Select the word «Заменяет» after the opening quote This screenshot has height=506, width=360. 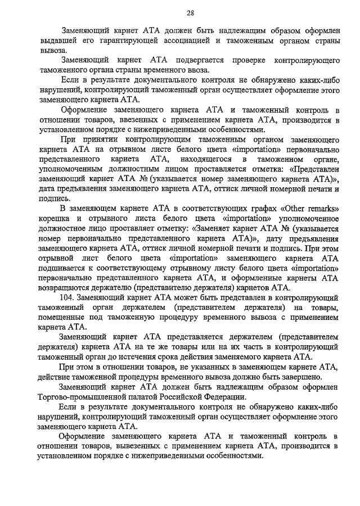pos(214,229)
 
